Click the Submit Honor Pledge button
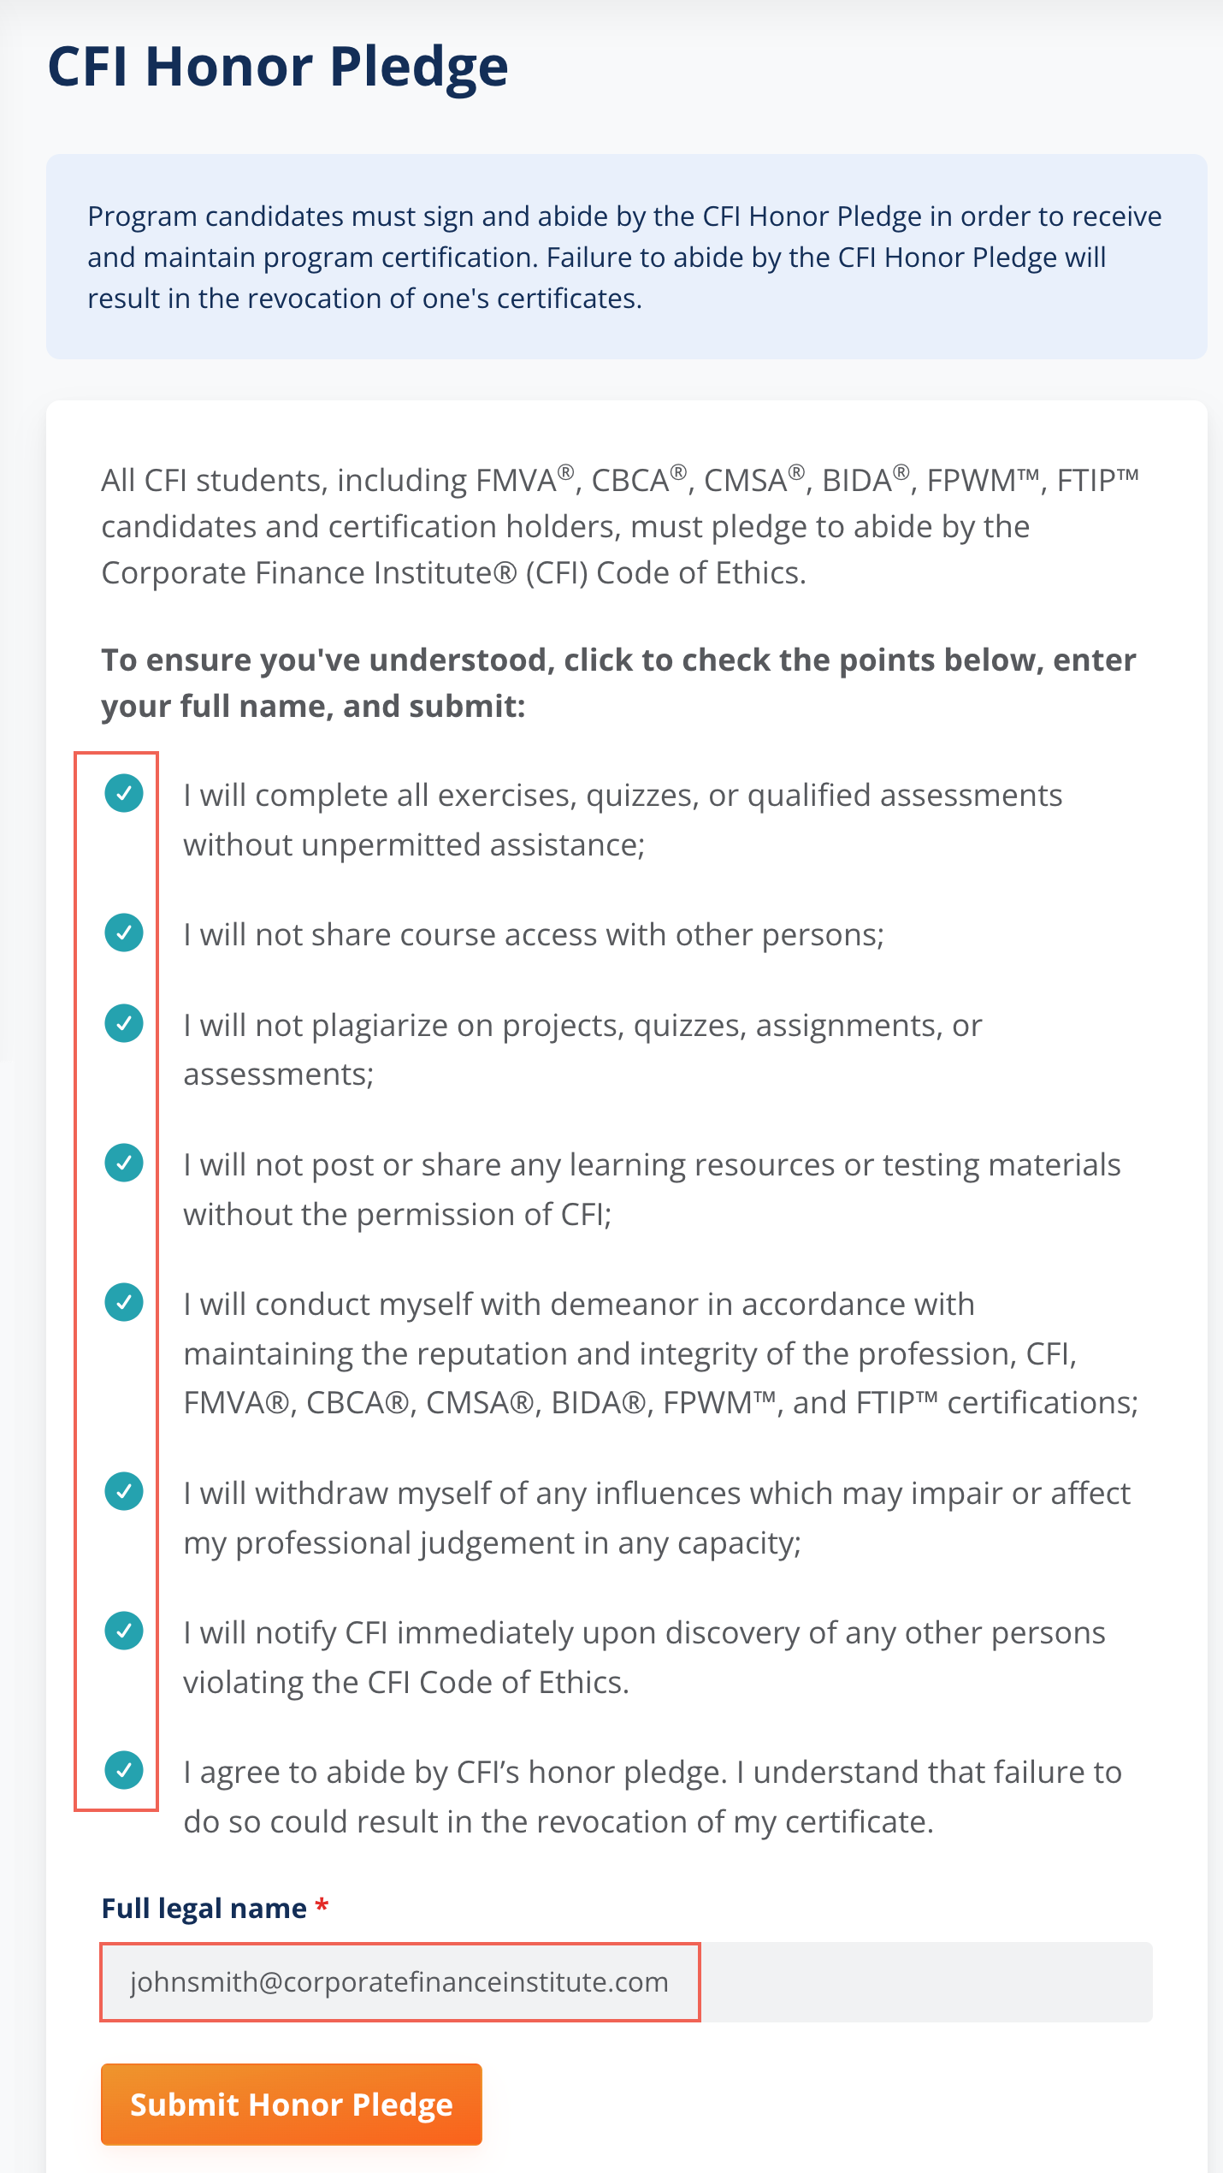pyautogui.click(x=291, y=2104)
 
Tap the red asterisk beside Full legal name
pyautogui.click(x=322, y=1907)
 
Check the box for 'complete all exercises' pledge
pyautogui.click(x=124, y=793)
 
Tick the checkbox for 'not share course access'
pyautogui.click(x=124, y=933)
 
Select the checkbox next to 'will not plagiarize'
pyautogui.click(x=124, y=1023)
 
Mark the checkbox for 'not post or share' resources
pyautogui.click(x=124, y=1163)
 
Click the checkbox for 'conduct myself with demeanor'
pyautogui.click(x=124, y=1302)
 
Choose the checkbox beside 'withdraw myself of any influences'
pyautogui.click(x=124, y=1492)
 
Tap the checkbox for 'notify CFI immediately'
pyautogui.click(x=124, y=1631)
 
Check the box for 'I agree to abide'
pyautogui.click(x=124, y=1770)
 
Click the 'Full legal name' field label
pyautogui.click(x=204, y=1909)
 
